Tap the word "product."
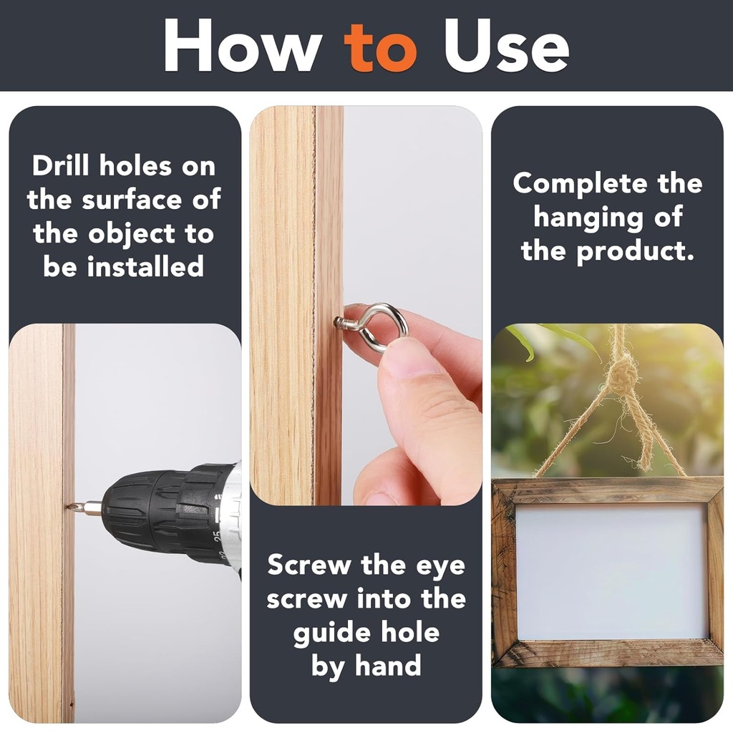[x=636, y=252]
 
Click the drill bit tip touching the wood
[x=69, y=506]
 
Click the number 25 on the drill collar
[x=216, y=535]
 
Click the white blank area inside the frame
[x=611, y=571]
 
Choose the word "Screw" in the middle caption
[x=309, y=565]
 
